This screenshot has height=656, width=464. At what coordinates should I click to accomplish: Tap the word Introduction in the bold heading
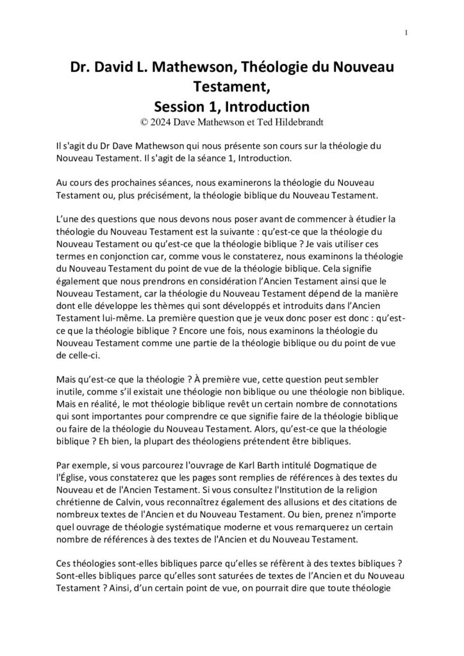(265, 105)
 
